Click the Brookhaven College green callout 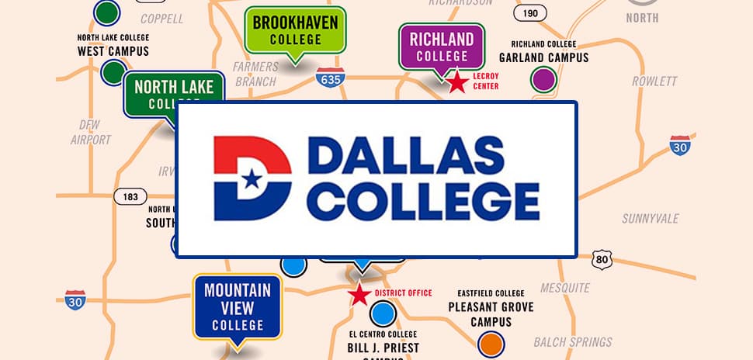pos(294,31)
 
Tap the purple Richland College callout pos(442,47)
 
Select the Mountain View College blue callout pos(238,306)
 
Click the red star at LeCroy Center pos(458,81)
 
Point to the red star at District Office pos(359,295)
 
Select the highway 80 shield pos(602,260)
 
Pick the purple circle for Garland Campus pos(543,79)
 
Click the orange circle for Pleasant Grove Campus pos(491,342)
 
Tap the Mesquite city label pos(565,288)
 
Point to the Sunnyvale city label pos(651,219)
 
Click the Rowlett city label pos(654,81)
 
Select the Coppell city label pos(162,17)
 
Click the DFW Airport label pos(91,132)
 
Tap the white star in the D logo pos(251,179)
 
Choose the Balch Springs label pos(573,341)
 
